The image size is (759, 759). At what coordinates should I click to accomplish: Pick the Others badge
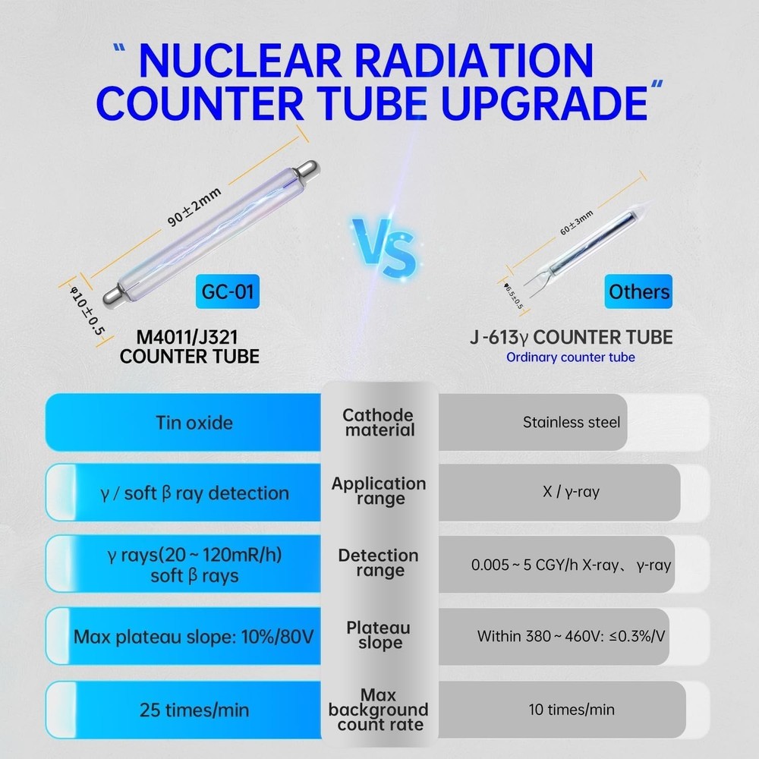(x=639, y=292)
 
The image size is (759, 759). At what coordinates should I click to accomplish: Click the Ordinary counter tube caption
(x=571, y=357)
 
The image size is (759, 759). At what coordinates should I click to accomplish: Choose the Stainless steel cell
(x=571, y=422)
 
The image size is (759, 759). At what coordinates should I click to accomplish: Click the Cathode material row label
(x=378, y=422)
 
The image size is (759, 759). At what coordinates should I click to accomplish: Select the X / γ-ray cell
(x=571, y=492)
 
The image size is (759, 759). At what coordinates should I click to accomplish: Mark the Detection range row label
(x=378, y=562)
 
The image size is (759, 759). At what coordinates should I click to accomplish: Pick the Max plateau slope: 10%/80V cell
(x=193, y=636)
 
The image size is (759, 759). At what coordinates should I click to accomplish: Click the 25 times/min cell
(x=194, y=710)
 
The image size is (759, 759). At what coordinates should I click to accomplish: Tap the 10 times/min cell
(x=571, y=710)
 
